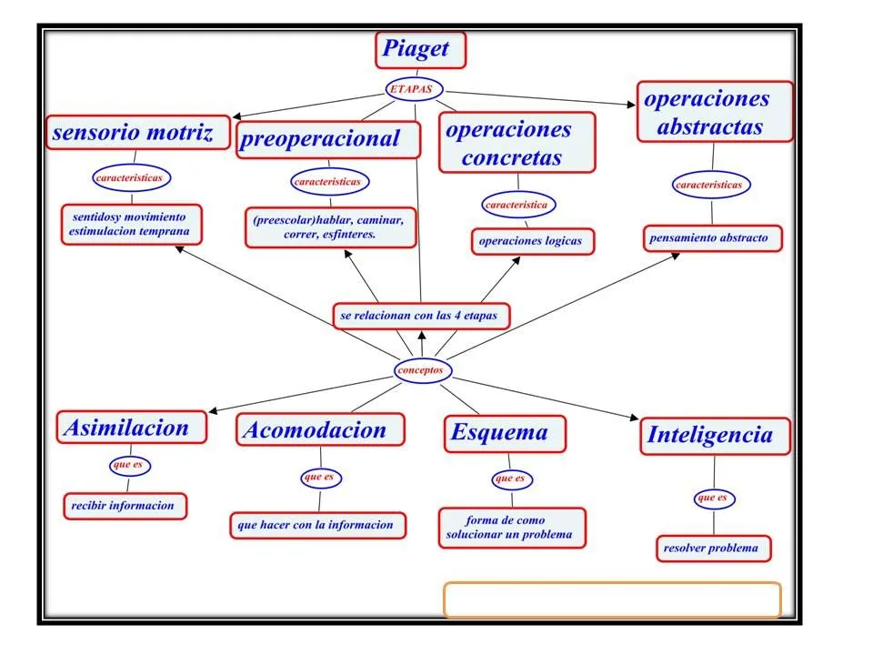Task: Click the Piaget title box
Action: pos(420,50)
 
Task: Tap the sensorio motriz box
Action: pos(137,133)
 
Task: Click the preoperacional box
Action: pos(328,139)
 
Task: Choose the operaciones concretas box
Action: pos(517,143)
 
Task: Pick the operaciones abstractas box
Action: pos(714,112)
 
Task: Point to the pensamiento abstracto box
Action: pos(713,238)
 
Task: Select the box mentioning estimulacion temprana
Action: pos(132,225)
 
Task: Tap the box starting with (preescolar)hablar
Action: pos(330,227)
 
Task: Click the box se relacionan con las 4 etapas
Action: pos(421,317)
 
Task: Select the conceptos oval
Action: pos(422,370)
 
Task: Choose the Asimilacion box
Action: pos(131,428)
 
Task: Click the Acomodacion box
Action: pos(320,430)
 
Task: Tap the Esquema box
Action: pos(505,433)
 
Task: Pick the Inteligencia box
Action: pos(714,436)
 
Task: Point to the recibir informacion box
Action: pos(125,506)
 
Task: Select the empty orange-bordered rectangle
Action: pos(612,600)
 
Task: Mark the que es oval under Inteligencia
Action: pos(714,498)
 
